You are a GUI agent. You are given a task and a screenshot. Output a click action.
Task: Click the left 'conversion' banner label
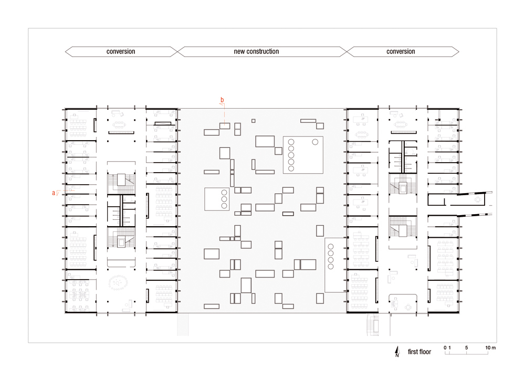[x=121, y=51]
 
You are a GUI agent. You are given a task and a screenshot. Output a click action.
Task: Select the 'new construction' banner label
[x=256, y=51]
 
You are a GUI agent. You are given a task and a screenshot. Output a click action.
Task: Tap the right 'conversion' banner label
[x=401, y=51]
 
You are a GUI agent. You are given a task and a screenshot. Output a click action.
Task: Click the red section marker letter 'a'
[x=54, y=193]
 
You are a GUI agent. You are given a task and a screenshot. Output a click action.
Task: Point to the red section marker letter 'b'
[x=222, y=100]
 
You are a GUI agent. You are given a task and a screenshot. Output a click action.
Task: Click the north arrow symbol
[x=397, y=350]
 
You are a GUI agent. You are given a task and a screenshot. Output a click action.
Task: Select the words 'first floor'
[x=419, y=352]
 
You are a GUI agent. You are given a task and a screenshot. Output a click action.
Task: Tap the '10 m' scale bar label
[x=490, y=347]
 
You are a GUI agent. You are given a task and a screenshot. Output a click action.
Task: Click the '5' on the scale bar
[x=466, y=347]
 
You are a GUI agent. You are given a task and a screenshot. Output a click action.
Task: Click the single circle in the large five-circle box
[x=315, y=142]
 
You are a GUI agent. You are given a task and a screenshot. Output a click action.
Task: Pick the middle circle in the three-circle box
[x=224, y=199]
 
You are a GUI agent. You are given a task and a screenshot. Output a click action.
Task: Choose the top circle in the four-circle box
[x=331, y=247]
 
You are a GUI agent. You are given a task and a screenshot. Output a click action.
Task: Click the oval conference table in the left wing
[x=118, y=283]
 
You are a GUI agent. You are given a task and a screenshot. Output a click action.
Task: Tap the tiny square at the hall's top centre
[x=254, y=121]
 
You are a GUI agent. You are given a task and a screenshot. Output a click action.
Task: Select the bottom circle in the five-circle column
[x=291, y=168]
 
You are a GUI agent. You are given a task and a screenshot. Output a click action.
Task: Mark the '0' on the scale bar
[x=445, y=347]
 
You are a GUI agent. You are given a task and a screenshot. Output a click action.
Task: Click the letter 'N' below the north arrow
[x=397, y=355]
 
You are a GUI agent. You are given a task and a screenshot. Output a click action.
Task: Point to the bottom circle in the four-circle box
[x=331, y=267]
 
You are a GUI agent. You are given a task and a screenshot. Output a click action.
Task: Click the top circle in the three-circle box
[x=224, y=193]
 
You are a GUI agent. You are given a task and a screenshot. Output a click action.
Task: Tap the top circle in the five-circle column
[x=291, y=142]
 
